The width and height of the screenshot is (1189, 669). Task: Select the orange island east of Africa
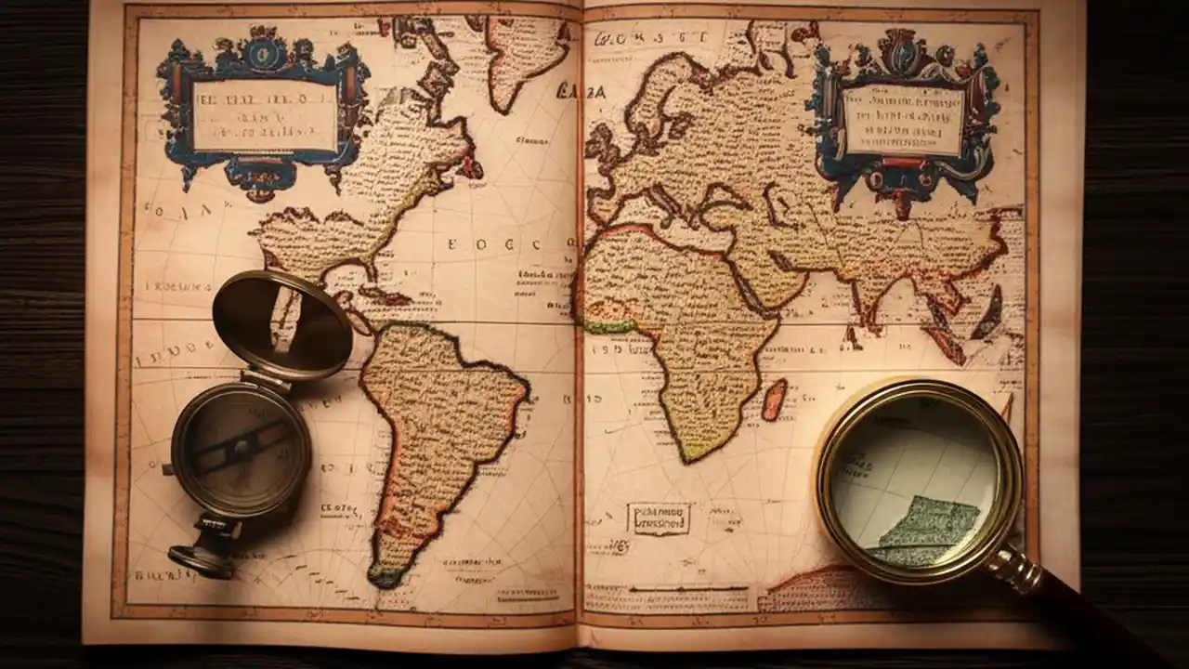coord(774,399)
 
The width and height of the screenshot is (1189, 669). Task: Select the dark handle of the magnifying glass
coord(1105,623)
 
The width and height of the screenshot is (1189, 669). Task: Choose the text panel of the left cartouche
coord(264,115)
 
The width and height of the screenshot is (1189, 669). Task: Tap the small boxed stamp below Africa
coord(659,518)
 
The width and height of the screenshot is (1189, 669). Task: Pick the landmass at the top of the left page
coord(525,56)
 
